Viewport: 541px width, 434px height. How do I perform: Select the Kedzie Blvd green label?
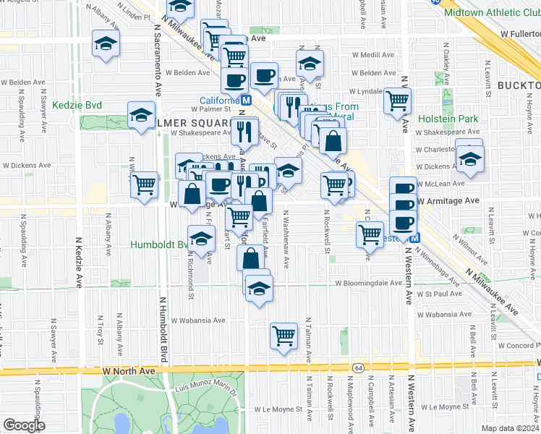point(77,106)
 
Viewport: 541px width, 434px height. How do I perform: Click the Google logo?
point(25,425)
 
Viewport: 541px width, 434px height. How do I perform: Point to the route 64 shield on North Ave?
point(358,369)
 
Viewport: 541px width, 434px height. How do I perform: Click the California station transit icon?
point(245,101)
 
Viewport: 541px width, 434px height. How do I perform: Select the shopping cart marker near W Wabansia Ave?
point(284,335)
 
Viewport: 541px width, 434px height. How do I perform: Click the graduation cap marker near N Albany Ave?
point(106,45)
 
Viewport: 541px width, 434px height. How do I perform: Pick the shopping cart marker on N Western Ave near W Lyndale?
point(398,100)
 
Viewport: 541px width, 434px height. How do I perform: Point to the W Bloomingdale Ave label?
point(367,283)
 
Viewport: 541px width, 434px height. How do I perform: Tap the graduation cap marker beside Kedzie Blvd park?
point(142,114)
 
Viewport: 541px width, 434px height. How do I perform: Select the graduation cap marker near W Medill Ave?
point(310,63)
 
